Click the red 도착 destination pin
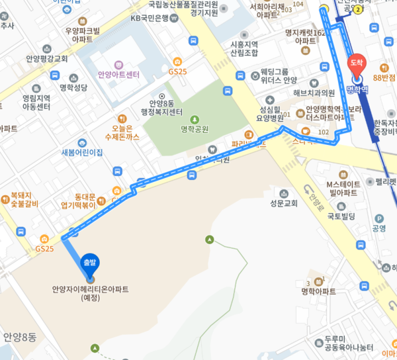tap(356, 63)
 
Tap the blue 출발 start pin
tap(90, 263)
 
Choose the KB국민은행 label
tap(151, 18)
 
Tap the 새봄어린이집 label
tap(82, 152)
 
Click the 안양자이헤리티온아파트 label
tap(90, 293)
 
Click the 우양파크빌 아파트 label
tap(83, 34)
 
